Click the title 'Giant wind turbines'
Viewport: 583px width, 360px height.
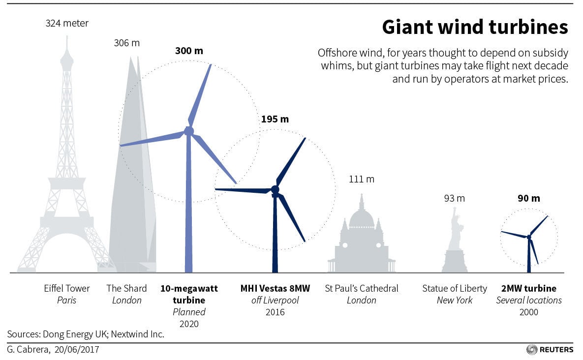475,28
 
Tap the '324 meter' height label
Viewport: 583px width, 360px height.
67,23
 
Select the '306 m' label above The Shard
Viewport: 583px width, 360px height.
126,43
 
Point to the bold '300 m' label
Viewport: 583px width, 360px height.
189,51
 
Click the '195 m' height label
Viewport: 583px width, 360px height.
275,119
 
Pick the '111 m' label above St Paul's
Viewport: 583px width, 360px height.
362,179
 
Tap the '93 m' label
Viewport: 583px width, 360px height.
454,199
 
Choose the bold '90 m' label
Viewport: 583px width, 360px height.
528,199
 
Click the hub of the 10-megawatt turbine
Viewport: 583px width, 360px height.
189,131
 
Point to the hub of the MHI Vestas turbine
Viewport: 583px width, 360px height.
275,190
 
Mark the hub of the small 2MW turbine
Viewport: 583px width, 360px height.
529,237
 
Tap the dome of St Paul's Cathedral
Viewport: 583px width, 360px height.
362,218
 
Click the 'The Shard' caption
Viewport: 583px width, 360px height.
127,288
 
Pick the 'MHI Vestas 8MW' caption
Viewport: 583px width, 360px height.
275,288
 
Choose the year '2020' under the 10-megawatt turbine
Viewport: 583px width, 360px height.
189,324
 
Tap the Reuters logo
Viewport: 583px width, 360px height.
550,350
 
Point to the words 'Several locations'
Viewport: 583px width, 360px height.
528,300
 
